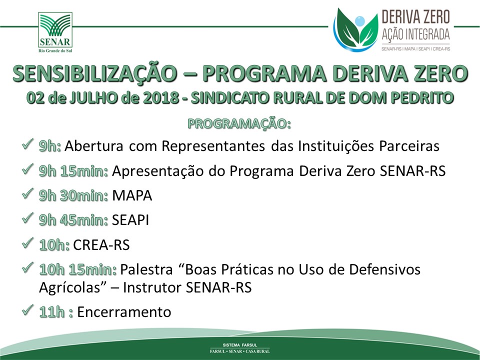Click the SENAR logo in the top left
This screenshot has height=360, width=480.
[x=55, y=32]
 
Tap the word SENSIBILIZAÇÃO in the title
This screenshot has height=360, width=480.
[x=95, y=74]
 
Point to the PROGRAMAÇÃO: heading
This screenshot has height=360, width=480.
[x=239, y=123]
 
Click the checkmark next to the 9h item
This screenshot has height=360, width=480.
[x=27, y=144]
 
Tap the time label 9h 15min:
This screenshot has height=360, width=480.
[x=73, y=171]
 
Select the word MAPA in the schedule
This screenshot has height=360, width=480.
[x=132, y=195]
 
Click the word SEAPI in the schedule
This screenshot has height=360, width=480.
[x=130, y=220]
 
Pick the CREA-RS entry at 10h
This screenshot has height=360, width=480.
[x=101, y=245]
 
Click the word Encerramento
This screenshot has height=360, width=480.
[x=124, y=312]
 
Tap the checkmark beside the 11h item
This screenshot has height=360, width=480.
[x=27, y=310]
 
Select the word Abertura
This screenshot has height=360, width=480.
[x=93, y=146]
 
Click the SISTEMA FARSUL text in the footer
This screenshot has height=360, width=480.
[x=240, y=345]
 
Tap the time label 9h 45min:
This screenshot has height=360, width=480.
[x=73, y=220]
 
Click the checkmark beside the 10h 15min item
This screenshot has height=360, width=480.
[x=27, y=267]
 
